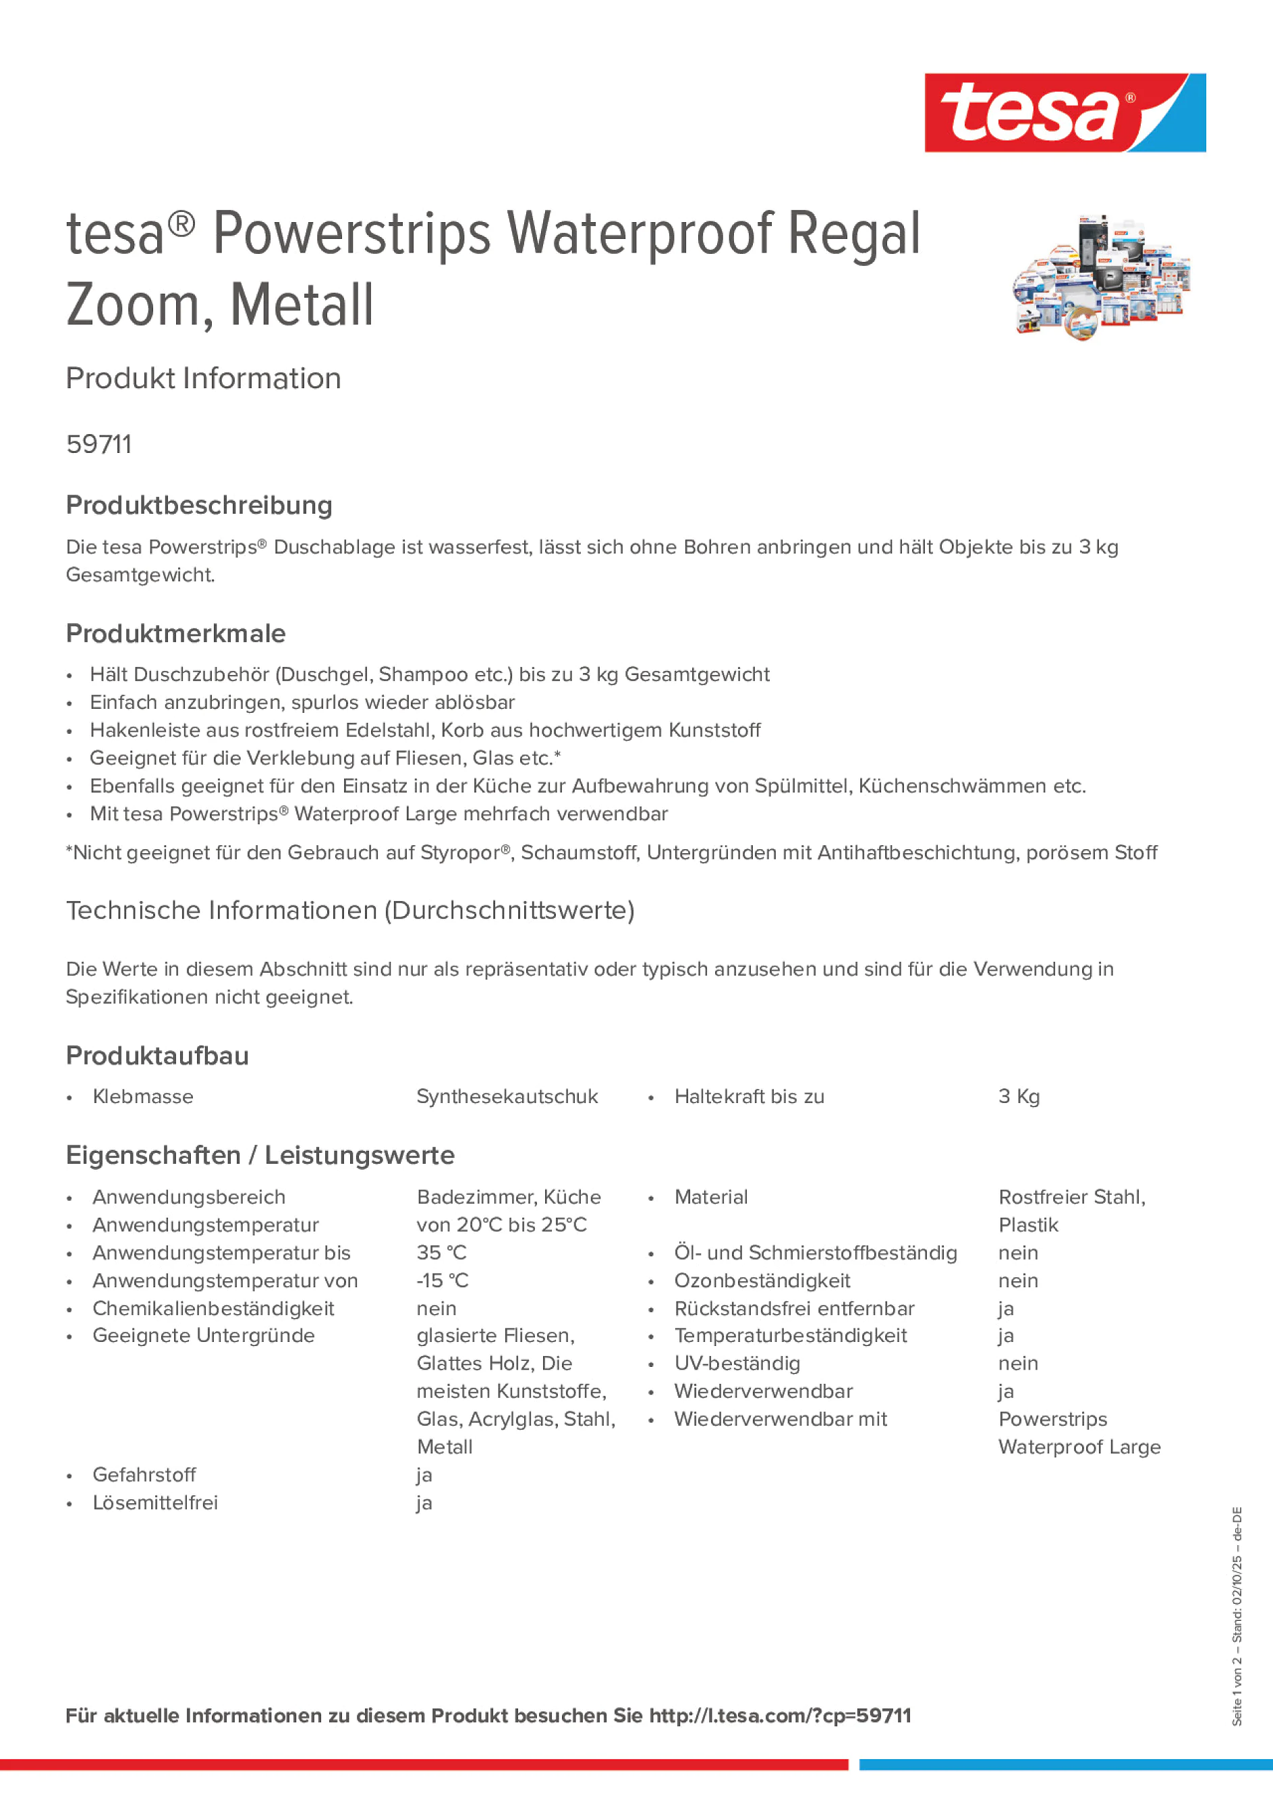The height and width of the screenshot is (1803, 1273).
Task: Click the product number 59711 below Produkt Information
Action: point(99,444)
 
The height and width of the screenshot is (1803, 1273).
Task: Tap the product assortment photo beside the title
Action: point(1101,277)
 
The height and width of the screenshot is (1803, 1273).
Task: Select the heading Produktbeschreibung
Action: point(199,505)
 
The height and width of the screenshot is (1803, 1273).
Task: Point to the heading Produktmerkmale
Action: point(176,633)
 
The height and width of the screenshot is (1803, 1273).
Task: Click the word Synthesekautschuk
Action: point(507,1096)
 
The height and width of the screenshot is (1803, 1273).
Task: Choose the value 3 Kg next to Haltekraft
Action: point(1019,1096)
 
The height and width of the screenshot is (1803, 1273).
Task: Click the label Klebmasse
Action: point(143,1096)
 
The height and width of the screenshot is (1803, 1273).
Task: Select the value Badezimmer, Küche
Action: point(509,1197)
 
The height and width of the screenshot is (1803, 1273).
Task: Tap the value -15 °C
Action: point(443,1280)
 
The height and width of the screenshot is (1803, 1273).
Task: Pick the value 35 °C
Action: point(441,1253)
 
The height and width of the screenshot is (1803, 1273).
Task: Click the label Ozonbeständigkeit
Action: point(762,1280)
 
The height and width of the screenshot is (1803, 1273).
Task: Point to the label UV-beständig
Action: point(737,1364)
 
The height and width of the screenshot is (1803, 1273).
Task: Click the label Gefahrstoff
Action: point(144,1475)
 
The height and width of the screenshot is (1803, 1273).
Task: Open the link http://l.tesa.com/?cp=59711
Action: point(780,1715)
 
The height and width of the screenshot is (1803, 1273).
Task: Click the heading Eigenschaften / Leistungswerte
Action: point(260,1155)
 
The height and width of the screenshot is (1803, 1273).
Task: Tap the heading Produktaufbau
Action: point(158,1056)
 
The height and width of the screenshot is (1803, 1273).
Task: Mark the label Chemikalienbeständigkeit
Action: point(213,1308)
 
